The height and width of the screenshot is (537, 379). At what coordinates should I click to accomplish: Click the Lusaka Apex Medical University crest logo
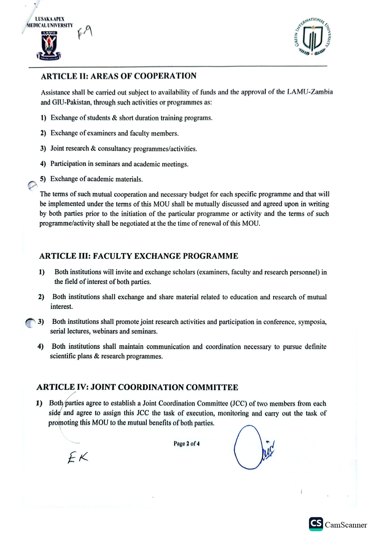(x=49, y=46)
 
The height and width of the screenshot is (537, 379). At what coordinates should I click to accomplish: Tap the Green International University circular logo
(x=313, y=37)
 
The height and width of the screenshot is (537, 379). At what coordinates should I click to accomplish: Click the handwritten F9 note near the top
(x=85, y=33)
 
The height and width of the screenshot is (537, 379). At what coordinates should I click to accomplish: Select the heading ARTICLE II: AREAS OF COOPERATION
(x=119, y=76)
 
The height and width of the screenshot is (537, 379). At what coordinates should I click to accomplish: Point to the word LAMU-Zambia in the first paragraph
(x=310, y=92)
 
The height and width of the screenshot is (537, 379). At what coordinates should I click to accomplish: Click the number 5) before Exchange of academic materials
(x=43, y=179)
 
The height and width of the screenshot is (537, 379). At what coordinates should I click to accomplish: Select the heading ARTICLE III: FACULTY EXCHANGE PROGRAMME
(x=138, y=256)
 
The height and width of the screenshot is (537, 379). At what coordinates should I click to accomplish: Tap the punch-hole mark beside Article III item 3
(x=30, y=323)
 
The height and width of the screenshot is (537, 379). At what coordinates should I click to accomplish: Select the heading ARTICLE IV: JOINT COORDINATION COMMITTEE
(x=137, y=388)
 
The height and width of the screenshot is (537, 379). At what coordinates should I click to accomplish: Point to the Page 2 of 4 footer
(x=187, y=444)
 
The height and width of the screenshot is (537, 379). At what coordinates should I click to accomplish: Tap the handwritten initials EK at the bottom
(x=78, y=457)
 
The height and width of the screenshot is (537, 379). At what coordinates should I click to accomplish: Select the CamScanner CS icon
(x=316, y=524)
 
